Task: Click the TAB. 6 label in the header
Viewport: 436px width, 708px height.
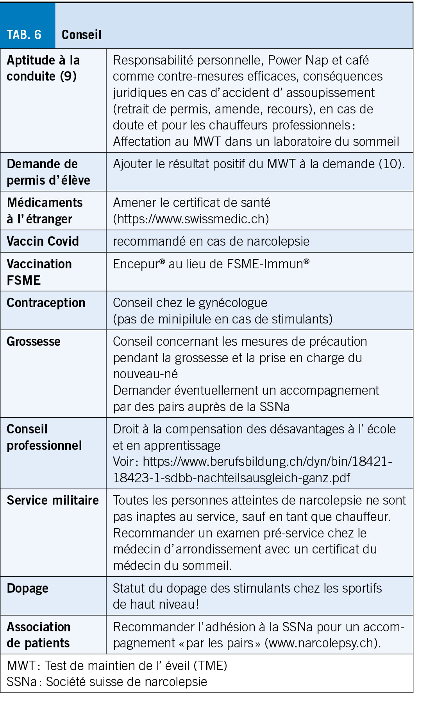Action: coord(24,35)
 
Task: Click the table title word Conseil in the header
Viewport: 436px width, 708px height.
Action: coord(81,35)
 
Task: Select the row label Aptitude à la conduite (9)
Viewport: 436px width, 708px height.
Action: coord(43,68)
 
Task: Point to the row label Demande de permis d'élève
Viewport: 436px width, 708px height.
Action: coord(48,172)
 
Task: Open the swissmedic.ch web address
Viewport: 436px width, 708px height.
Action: coord(191,219)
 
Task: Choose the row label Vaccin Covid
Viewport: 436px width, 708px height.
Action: coord(43,241)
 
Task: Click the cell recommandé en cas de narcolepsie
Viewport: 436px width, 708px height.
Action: coord(211,241)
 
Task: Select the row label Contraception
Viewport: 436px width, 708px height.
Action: coord(46,303)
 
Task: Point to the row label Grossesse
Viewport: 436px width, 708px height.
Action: coord(34,341)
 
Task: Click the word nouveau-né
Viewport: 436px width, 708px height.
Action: coord(145,374)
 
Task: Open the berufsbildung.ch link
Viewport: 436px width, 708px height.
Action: coord(252,469)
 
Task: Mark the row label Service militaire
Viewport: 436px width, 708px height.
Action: coord(53,500)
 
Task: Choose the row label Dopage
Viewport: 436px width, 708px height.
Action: coord(27,588)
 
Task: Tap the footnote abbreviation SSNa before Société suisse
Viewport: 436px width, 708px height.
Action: coord(21,682)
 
